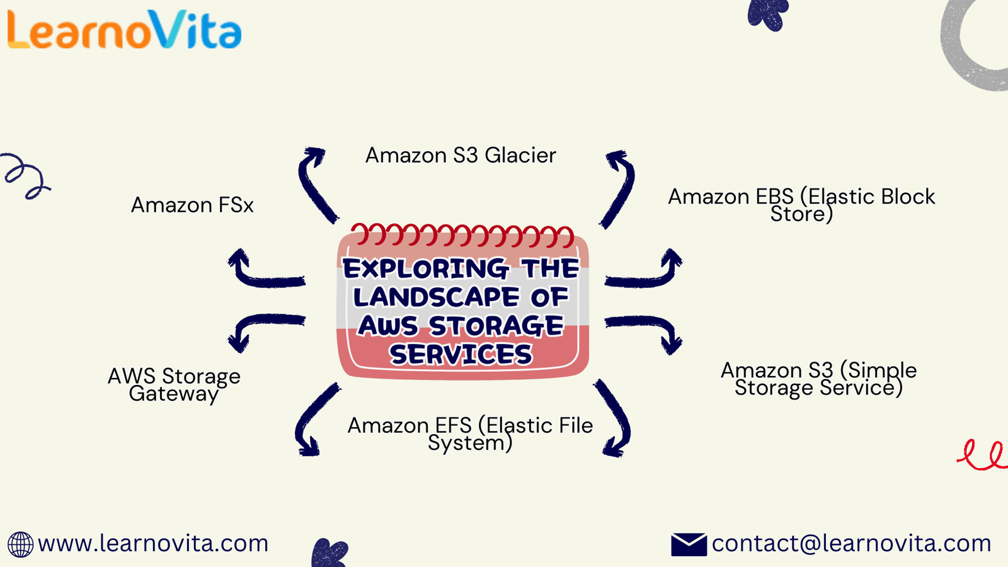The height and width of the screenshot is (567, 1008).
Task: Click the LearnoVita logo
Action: click(x=124, y=30)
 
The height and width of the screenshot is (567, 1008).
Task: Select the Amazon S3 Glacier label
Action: click(x=461, y=156)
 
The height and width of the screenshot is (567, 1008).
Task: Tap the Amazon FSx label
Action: click(x=192, y=205)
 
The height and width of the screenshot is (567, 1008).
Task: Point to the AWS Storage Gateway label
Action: click(x=174, y=385)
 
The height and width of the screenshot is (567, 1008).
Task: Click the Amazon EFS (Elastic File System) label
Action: click(x=470, y=434)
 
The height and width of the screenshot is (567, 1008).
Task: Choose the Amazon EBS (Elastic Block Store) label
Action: click(x=801, y=205)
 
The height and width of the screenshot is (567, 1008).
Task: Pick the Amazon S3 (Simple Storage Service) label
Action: click(x=818, y=379)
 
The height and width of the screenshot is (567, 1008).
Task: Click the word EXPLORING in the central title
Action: click(x=425, y=269)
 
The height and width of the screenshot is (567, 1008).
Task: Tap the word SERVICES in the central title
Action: click(x=461, y=355)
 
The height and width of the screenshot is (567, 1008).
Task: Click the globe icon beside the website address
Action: click(x=20, y=544)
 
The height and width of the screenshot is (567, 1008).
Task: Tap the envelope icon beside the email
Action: click(x=689, y=544)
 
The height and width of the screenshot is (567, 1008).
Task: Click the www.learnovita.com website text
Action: click(x=153, y=543)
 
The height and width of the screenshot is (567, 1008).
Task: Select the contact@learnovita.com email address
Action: click(x=851, y=543)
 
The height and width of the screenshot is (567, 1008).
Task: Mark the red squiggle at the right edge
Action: click(x=983, y=455)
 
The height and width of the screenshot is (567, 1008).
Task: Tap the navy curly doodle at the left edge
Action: click(x=25, y=176)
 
